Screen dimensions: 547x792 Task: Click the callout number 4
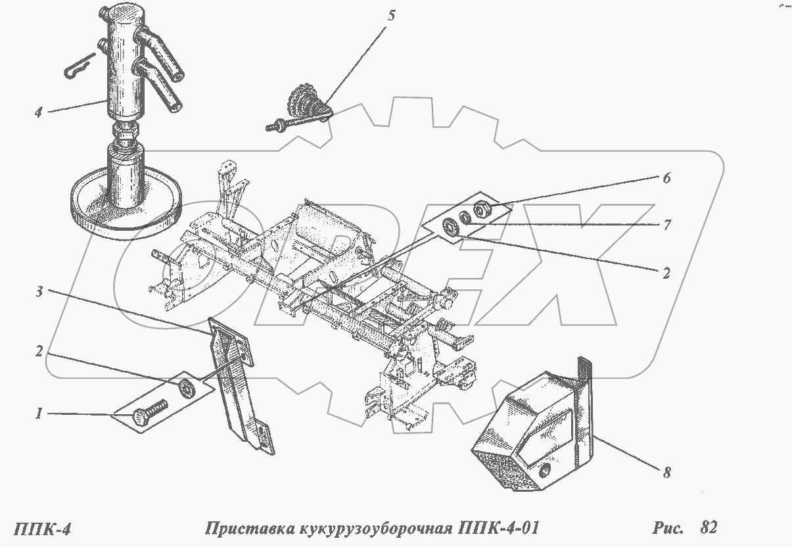pos(38,112)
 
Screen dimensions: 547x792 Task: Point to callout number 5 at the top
pos(392,16)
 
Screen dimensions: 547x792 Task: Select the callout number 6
pos(666,178)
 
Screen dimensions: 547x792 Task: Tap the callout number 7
pos(666,225)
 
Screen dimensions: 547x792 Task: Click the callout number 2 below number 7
pos(666,273)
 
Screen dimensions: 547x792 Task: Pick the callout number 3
pos(39,292)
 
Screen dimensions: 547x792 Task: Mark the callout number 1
pos(39,414)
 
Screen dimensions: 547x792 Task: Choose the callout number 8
pos(666,471)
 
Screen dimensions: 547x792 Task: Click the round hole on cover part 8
pos(544,472)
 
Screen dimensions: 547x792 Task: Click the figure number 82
pos(709,527)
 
